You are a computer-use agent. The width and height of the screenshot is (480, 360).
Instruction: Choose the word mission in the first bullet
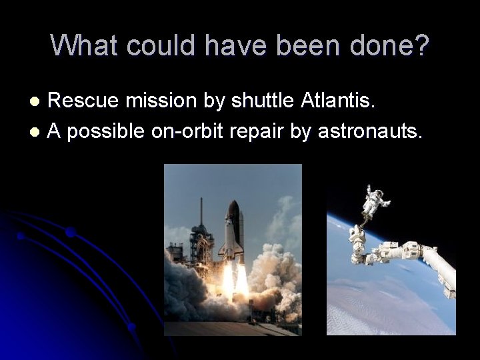pos(155,101)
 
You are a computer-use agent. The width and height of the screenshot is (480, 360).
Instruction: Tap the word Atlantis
pos(339,101)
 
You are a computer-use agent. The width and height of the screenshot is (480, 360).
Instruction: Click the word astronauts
pos(370,132)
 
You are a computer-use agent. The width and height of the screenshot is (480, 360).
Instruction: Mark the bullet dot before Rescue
pos(37,102)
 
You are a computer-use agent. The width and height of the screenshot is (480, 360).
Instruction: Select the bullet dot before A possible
pos(37,133)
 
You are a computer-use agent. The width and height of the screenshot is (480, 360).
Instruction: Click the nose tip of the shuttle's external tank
pos(233,203)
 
